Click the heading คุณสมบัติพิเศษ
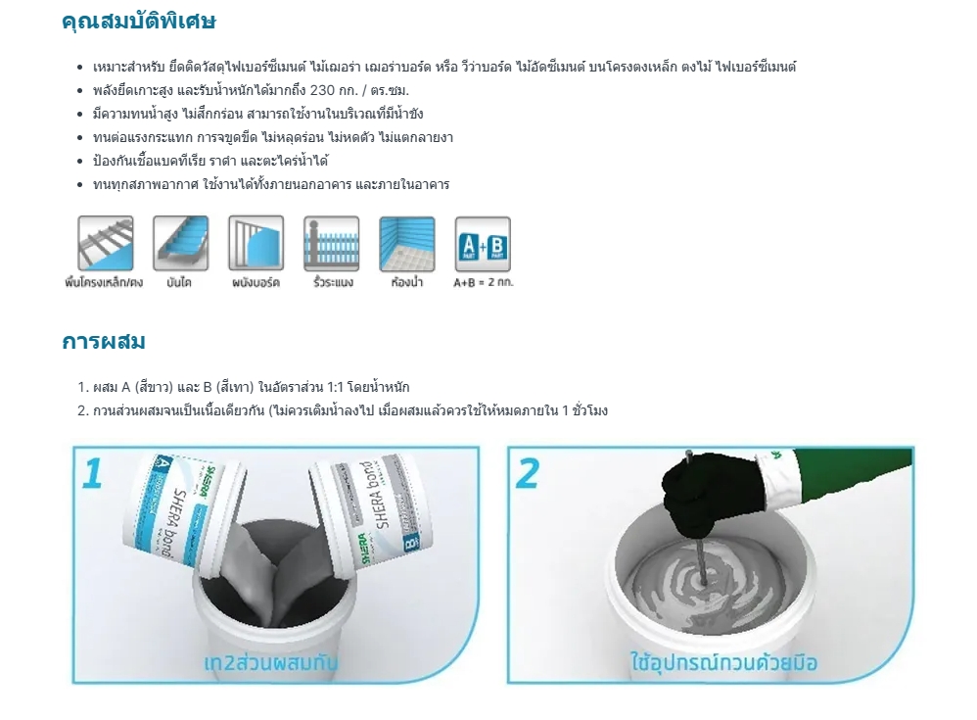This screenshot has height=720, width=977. [138, 22]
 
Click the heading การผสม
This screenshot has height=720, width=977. [104, 342]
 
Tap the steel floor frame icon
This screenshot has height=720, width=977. [105, 243]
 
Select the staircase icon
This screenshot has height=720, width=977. [180, 243]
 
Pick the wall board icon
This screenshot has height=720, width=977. [256, 243]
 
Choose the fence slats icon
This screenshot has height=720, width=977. [331, 243]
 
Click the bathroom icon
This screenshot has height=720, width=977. [406, 243]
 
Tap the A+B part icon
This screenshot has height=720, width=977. [483, 243]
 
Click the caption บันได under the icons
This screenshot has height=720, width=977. [179, 283]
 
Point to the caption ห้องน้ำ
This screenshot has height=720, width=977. [406, 283]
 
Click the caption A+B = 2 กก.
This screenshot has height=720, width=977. [483, 283]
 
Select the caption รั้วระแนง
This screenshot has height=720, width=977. [333, 283]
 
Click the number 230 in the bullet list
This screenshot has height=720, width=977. [324, 90]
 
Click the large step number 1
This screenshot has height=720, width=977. [93, 472]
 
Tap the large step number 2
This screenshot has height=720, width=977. [528, 472]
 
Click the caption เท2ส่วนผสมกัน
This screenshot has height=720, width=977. [271, 662]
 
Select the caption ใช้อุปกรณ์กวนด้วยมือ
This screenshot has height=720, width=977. [723, 662]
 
